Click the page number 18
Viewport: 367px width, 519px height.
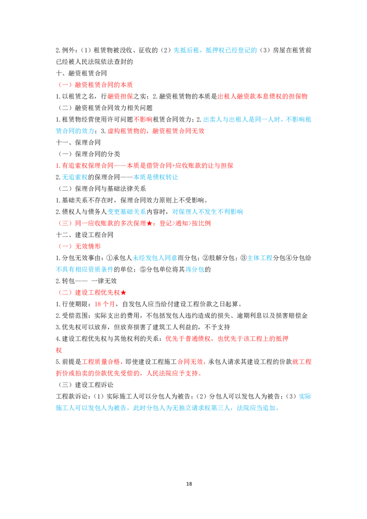(x=189, y=484)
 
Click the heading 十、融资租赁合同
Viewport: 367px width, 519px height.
(x=82, y=73)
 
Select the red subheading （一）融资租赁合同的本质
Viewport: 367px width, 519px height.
(x=95, y=85)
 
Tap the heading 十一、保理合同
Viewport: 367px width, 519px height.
(x=78, y=142)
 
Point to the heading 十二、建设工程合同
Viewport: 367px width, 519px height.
(x=85, y=235)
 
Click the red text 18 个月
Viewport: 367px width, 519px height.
(x=105, y=304)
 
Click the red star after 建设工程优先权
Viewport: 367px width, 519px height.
(x=123, y=293)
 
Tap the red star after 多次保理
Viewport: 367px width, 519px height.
(x=149, y=223)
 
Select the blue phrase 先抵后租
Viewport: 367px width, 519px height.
(x=186, y=50)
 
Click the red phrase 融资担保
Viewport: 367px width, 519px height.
(x=120, y=96)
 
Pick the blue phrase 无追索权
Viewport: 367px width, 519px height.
(x=75, y=177)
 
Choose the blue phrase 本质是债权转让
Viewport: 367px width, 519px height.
(x=156, y=177)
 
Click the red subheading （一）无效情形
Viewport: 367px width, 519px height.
(x=79, y=246)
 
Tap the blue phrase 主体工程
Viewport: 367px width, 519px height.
(x=260, y=258)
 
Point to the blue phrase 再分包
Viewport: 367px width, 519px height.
(x=195, y=270)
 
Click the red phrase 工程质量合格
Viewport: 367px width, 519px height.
(x=100, y=362)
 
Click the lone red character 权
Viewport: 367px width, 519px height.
(x=59, y=350)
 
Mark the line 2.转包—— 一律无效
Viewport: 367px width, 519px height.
(x=86, y=281)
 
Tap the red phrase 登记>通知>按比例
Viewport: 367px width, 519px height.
(x=185, y=223)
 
